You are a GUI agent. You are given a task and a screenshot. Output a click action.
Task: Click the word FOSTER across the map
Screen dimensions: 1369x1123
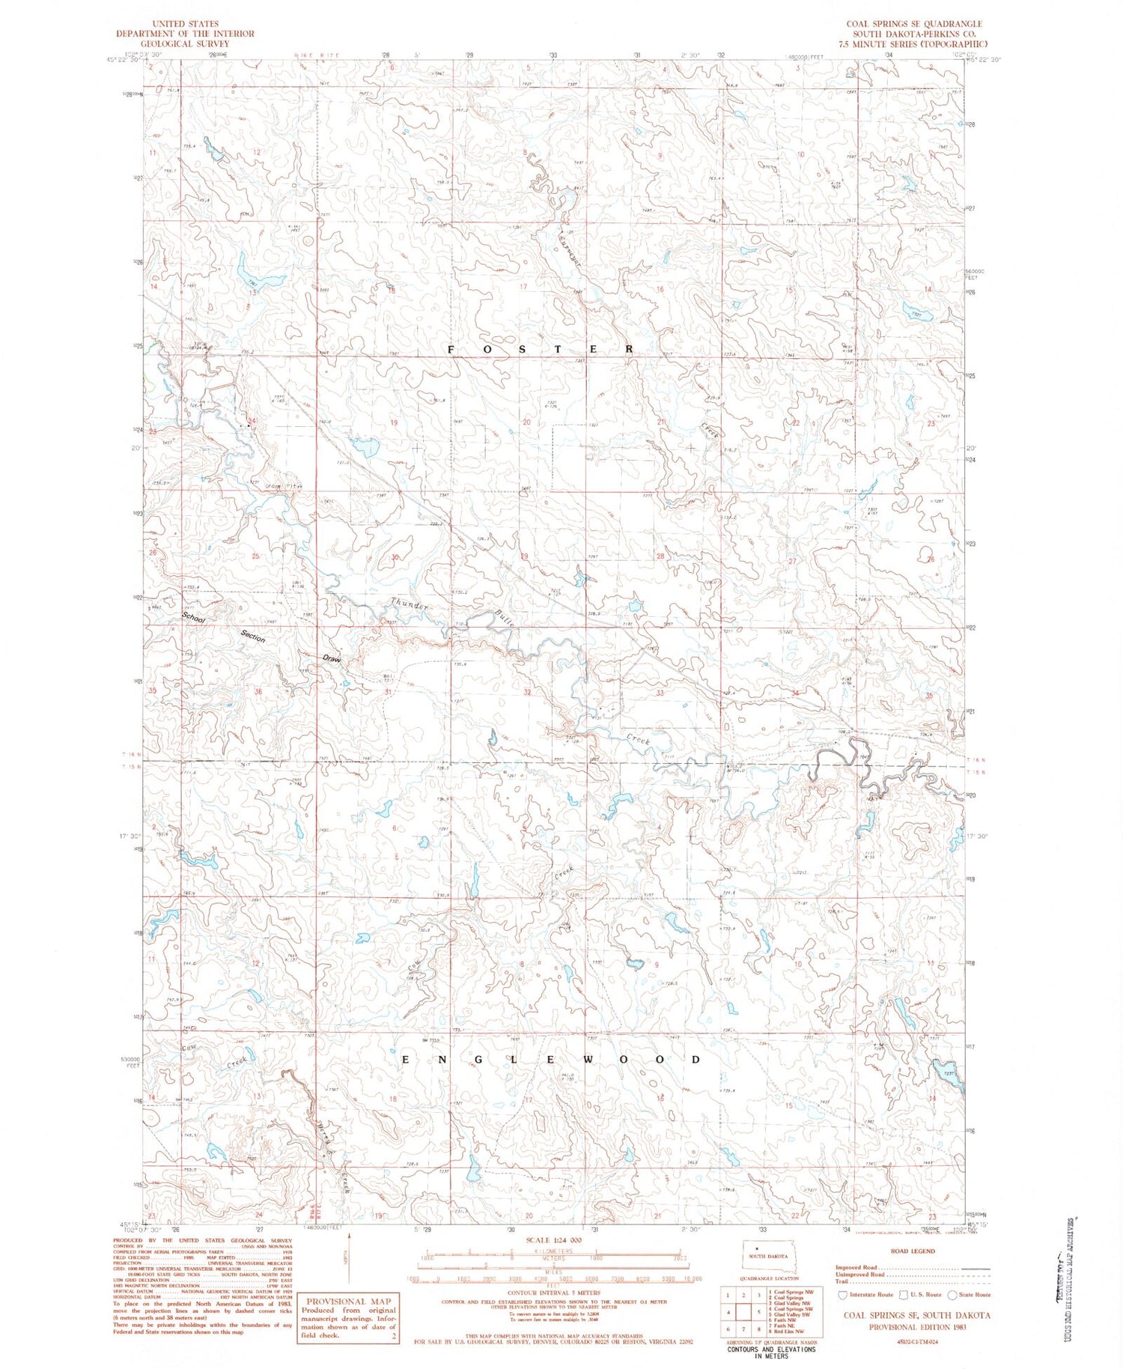click(x=541, y=350)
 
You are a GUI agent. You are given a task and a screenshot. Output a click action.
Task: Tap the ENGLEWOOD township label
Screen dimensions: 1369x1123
click(x=552, y=1060)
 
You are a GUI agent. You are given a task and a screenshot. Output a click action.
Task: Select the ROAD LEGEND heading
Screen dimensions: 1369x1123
click(x=912, y=1251)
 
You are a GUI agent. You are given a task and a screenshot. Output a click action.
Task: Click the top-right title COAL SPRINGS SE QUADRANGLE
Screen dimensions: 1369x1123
click(x=914, y=24)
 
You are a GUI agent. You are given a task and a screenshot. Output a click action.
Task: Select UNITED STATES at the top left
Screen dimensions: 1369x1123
click(x=184, y=24)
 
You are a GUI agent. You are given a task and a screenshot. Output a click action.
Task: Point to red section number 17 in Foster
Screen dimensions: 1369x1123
click(x=523, y=287)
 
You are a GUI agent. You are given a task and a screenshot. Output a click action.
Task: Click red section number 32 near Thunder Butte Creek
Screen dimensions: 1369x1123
click(x=527, y=692)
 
